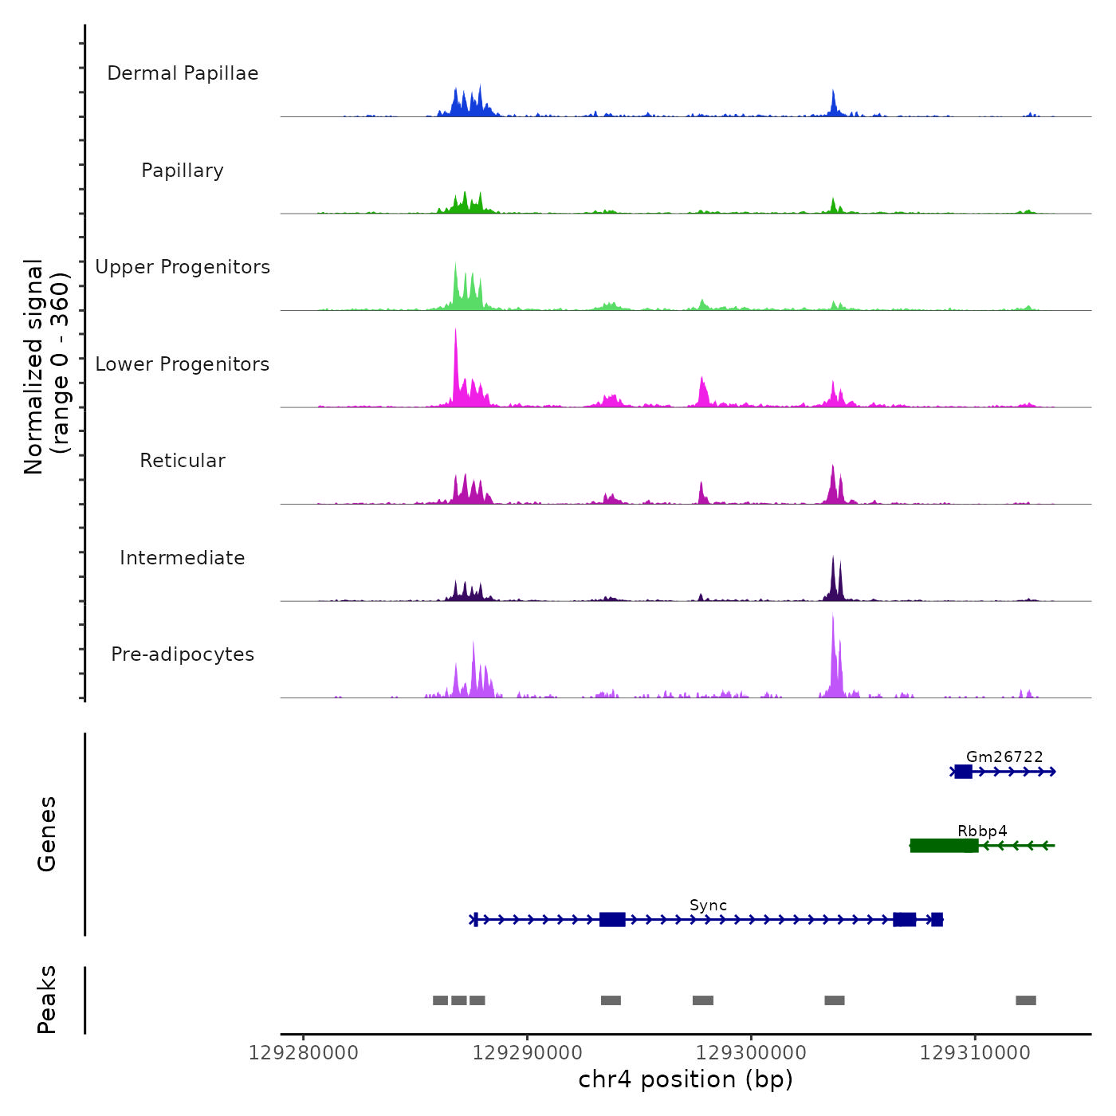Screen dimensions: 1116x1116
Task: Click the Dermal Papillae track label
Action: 183,73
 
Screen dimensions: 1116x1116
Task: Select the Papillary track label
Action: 183,171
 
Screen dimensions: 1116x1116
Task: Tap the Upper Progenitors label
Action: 183,267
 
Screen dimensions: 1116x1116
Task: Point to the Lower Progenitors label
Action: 183,364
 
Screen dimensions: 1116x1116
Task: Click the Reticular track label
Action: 183,461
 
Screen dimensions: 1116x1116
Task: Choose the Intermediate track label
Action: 183,558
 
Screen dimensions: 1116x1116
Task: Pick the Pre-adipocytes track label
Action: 183,654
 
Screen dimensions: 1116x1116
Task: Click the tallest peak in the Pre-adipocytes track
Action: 833,617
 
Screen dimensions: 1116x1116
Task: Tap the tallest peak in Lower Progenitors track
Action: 455,331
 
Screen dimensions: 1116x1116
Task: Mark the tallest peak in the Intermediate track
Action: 833,558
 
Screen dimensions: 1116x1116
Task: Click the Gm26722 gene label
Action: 1004,757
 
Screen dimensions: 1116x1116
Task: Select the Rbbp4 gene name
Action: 982,831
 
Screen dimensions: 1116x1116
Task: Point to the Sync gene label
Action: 708,906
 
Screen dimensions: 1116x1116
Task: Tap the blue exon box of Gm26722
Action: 963,772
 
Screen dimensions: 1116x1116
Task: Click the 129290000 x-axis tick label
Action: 527,1053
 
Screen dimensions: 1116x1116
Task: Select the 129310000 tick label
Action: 974,1053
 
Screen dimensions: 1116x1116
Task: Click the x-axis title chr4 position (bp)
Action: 686,1080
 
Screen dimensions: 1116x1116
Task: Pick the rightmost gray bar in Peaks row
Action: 1026,1000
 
